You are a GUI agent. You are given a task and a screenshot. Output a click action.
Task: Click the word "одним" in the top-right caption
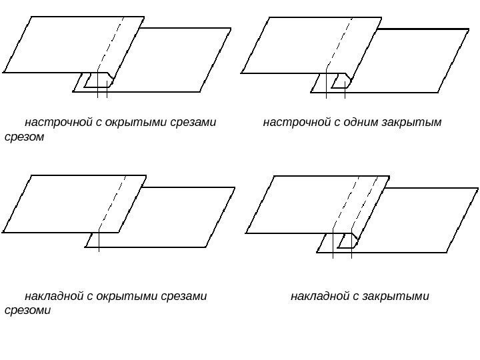(x=364, y=123)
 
